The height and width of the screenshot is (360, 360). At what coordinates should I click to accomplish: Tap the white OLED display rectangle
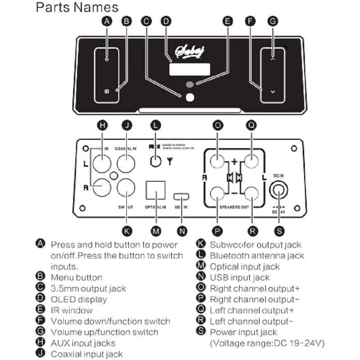tap(189, 69)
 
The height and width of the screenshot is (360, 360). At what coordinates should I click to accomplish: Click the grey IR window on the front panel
tap(190, 84)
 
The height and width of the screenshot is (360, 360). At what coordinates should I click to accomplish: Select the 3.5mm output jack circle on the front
tap(190, 97)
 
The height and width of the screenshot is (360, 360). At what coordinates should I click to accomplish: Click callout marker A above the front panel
tap(107, 21)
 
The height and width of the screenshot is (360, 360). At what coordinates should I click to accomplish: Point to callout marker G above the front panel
tap(273, 21)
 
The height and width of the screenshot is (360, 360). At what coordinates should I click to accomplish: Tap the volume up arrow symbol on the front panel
tap(273, 58)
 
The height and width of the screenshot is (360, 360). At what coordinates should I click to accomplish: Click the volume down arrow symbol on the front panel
tap(273, 91)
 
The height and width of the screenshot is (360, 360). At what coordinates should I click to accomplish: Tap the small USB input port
tap(182, 196)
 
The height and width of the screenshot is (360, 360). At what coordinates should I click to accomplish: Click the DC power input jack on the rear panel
tap(279, 191)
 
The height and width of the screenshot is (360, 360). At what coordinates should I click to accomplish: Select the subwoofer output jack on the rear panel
tap(126, 187)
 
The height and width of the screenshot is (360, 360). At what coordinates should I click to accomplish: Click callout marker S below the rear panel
tap(279, 231)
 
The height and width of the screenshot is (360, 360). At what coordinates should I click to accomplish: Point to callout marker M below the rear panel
tap(156, 231)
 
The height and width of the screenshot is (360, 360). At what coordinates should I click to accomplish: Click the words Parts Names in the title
tap(77, 7)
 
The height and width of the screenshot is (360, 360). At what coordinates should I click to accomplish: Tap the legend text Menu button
tap(76, 278)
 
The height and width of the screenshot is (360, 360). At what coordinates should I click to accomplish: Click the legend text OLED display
tap(79, 299)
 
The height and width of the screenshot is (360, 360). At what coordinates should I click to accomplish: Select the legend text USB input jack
tap(239, 278)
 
